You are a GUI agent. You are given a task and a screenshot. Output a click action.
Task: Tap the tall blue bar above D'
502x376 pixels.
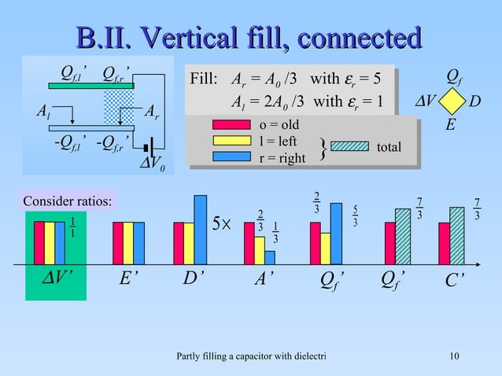(x=200, y=229)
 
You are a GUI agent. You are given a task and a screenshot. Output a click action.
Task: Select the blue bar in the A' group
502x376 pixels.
(x=270, y=258)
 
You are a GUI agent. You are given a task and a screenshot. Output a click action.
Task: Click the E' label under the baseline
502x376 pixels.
(x=129, y=282)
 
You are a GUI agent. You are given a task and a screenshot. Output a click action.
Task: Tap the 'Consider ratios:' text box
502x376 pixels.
(x=67, y=201)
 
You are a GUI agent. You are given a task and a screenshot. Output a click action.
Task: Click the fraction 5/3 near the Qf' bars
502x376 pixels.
(x=356, y=216)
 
